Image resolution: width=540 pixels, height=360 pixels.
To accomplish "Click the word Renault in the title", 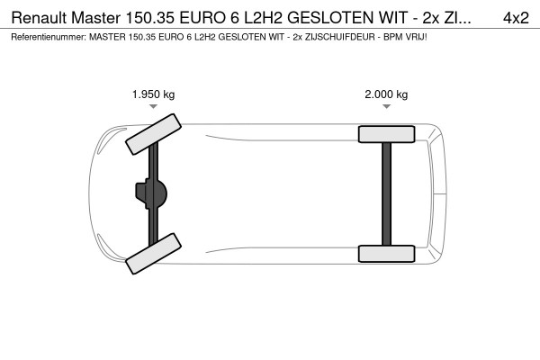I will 38,17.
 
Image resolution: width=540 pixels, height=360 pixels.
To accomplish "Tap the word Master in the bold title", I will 100,17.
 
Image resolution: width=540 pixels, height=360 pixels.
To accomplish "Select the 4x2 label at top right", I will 515,17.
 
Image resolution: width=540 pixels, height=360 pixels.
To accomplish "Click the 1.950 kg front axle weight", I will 153,94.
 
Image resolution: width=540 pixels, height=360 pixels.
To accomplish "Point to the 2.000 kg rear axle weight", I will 386,94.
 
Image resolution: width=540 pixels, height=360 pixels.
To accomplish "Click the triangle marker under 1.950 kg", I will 153,106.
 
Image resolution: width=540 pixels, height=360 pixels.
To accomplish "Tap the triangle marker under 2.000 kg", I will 386,106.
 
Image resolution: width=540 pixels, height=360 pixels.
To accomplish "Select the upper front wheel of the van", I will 151,132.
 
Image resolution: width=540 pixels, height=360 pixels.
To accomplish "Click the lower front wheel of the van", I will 152,256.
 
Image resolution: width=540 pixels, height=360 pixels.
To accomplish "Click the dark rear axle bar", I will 386,193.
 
